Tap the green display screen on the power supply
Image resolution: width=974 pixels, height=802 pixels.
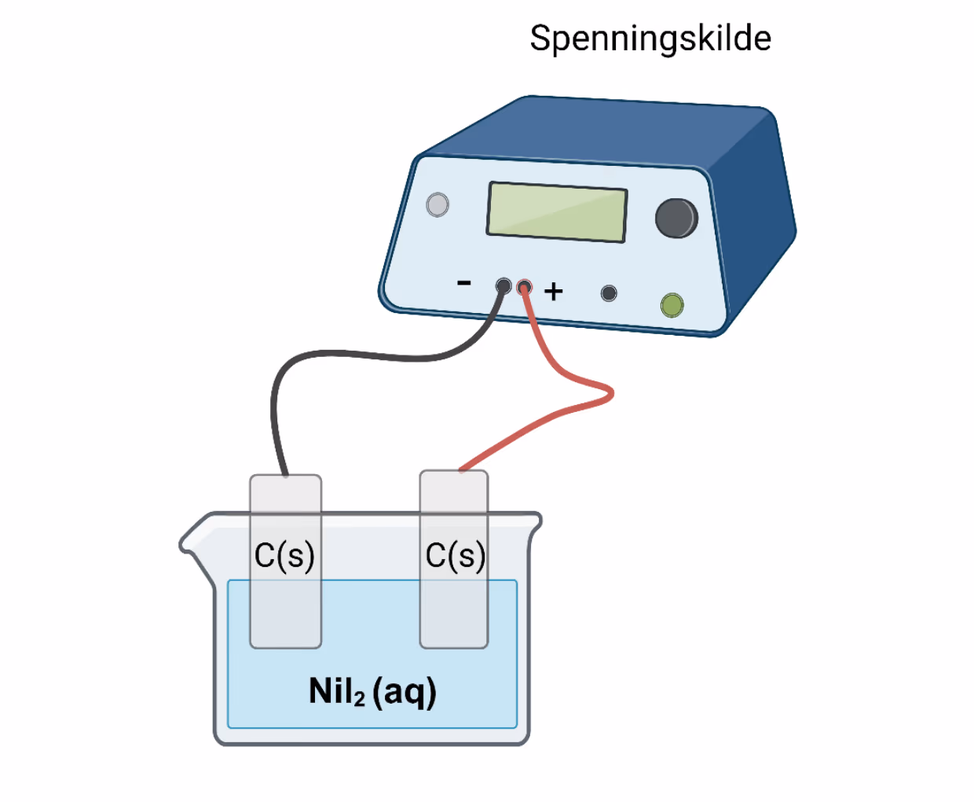point(556,212)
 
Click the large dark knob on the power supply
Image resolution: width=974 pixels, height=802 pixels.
point(676,218)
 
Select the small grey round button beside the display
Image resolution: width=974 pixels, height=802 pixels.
point(438,204)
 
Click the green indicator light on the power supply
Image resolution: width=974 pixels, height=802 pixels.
point(672,305)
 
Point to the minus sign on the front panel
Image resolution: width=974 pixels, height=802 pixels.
point(463,282)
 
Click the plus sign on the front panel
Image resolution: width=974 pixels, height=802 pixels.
point(553,292)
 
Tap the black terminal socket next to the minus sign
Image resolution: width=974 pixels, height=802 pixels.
point(503,285)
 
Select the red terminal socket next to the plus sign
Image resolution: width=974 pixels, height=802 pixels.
point(524,288)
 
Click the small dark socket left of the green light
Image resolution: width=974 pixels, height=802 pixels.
point(608,293)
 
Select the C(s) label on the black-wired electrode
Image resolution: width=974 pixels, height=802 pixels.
point(284,555)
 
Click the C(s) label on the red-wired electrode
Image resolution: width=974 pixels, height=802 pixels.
point(456,555)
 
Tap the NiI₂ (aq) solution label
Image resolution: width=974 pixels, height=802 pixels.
point(372,692)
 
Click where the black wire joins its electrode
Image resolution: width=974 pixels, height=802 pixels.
point(285,475)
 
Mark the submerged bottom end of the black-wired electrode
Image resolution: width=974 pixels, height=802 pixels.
point(285,648)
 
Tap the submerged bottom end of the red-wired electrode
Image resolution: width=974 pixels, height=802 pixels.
point(454,648)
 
